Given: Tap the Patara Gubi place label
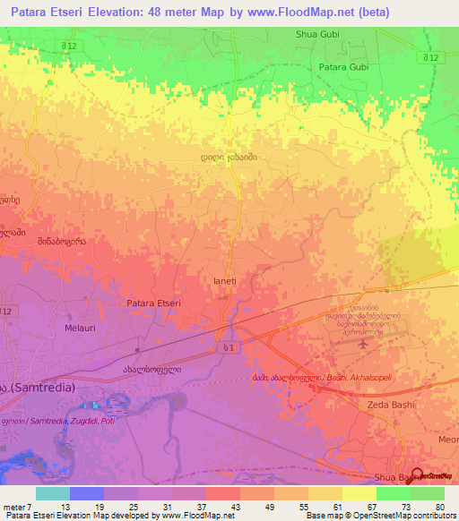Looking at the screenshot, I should pyautogui.click(x=344, y=67).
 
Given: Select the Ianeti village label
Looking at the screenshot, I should pyautogui.click(x=224, y=280).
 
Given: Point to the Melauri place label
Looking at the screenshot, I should pyautogui.click(x=80, y=329).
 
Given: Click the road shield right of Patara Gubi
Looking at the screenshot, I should pyautogui.click(x=432, y=57).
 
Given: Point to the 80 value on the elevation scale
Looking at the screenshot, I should pyautogui.click(x=439, y=508).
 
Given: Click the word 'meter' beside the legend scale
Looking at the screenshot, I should pyautogui.click(x=13, y=508).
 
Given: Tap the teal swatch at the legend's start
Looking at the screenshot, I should pyautogui.click(x=53, y=493).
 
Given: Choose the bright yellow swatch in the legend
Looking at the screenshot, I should pyautogui.click(x=359, y=493).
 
